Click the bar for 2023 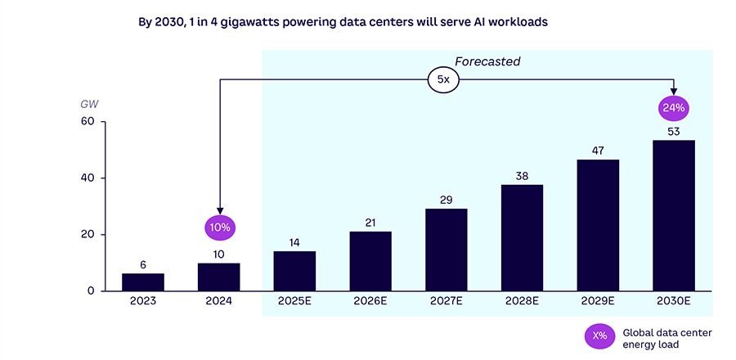pos(143,282)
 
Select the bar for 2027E pos(447,250)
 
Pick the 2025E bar pos(294,271)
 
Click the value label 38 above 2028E pos(522,175)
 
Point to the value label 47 pos(598,150)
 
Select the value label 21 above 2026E pos(370,222)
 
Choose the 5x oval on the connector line pos(443,79)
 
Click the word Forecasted pos(487,61)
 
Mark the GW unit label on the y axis pos(88,104)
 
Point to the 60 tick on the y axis pos(88,122)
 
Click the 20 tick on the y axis pos(88,235)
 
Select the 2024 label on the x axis pos(219,301)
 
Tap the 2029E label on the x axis pos(598,301)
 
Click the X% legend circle pos(599,335)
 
